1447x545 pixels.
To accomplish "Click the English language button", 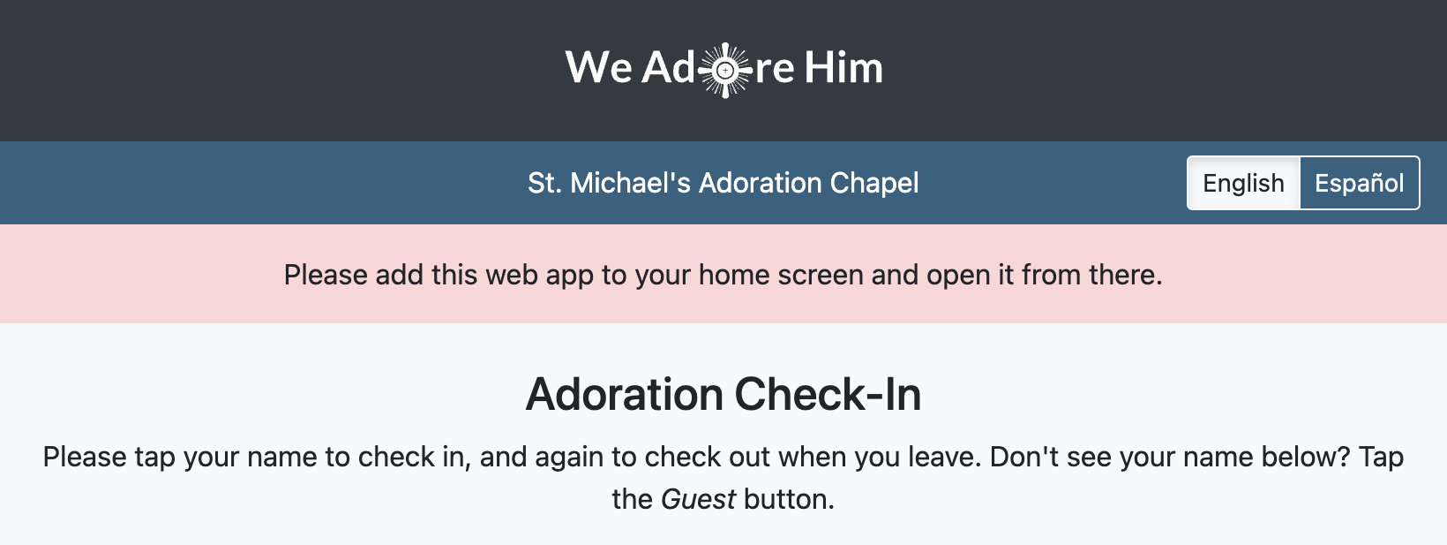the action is (1243, 183).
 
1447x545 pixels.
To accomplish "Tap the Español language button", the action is (1359, 183).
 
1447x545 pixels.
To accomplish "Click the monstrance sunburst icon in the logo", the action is (724, 70).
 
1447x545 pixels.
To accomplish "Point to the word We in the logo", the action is (599, 67).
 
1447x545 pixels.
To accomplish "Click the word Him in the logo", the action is (843, 67).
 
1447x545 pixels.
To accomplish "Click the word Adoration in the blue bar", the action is (761, 183).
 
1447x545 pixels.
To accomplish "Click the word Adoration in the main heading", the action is (625, 394).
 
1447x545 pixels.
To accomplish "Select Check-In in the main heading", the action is (828, 394).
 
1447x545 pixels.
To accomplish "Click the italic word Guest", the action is (698, 499).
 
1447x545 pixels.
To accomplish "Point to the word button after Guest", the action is (790, 499).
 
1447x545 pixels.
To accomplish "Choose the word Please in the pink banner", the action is (326, 275).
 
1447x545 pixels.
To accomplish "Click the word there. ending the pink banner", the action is (1125, 275).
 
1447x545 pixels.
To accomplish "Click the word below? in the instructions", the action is (1306, 457).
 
